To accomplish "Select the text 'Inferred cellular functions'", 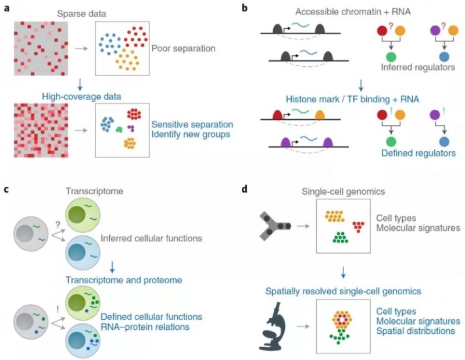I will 151,238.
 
